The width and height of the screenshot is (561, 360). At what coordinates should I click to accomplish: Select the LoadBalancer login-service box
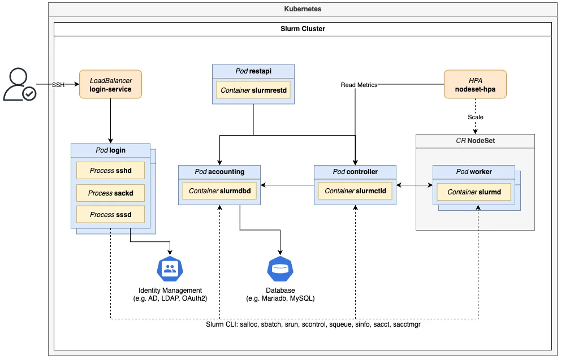[x=110, y=85]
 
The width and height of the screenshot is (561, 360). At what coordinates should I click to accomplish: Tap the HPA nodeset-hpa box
[x=475, y=85]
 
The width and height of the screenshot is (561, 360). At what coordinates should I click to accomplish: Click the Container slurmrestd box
[x=253, y=90]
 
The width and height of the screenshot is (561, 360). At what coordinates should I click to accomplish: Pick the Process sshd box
[x=110, y=170]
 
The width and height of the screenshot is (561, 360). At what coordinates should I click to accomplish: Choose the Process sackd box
[x=110, y=193]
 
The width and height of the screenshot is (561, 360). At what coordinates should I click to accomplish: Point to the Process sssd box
[x=110, y=215]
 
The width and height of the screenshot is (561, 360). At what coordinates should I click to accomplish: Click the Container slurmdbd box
[x=219, y=191]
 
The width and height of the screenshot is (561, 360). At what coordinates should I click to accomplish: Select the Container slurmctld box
[x=355, y=191]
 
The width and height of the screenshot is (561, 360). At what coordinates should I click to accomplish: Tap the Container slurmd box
[x=474, y=192]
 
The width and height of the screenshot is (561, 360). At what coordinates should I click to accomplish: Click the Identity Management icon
[x=170, y=270]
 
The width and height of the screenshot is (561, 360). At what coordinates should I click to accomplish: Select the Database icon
[x=280, y=270]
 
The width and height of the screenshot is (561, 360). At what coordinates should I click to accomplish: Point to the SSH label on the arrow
[x=58, y=85]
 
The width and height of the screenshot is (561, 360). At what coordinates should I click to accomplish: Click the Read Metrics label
[x=359, y=85]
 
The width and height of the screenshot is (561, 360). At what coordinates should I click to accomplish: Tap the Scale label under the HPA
[x=475, y=117]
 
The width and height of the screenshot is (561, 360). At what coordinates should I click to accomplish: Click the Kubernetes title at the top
[x=303, y=9]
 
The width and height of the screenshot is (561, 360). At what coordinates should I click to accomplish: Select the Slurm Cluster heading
[x=303, y=29]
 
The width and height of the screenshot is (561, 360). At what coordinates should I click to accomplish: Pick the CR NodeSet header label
[x=475, y=141]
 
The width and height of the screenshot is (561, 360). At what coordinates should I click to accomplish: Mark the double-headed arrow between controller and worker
[x=414, y=185]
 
